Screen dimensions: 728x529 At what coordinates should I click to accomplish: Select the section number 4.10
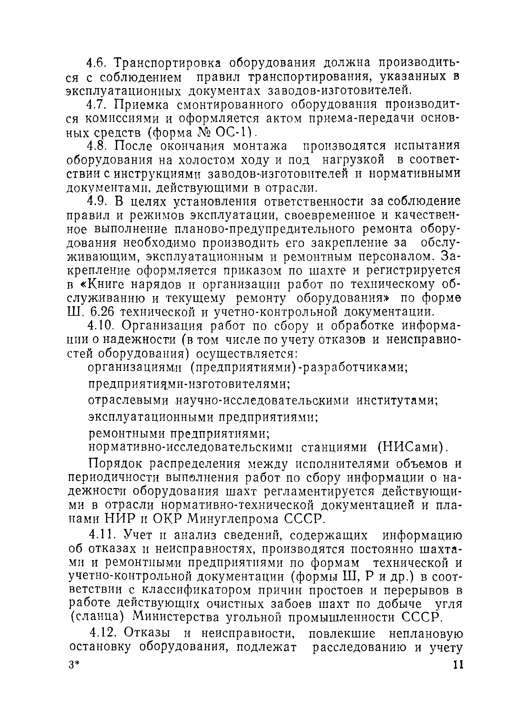pyautogui.click(x=100, y=326)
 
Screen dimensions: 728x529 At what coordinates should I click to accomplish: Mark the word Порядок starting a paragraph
pyautogui.click(x=115, y=464)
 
